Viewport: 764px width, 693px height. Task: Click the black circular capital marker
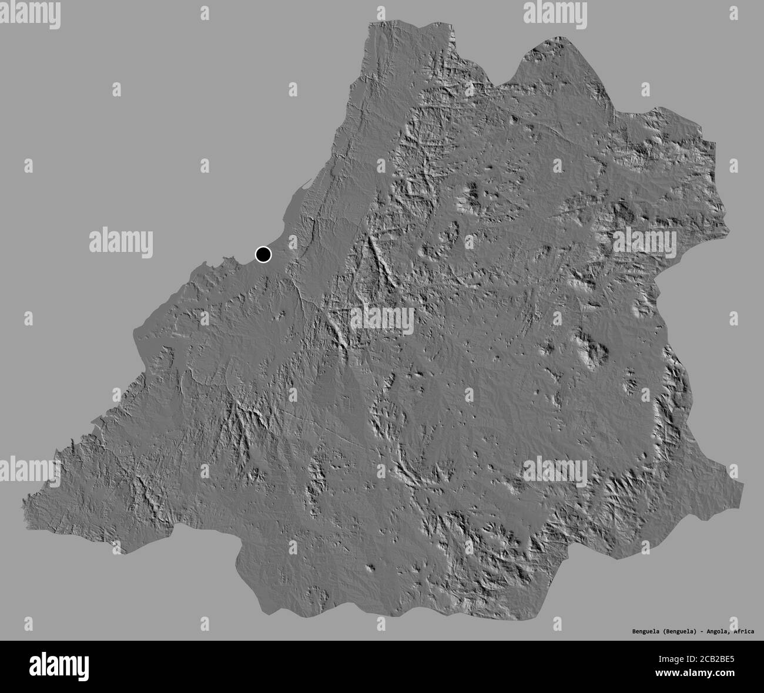263,254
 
